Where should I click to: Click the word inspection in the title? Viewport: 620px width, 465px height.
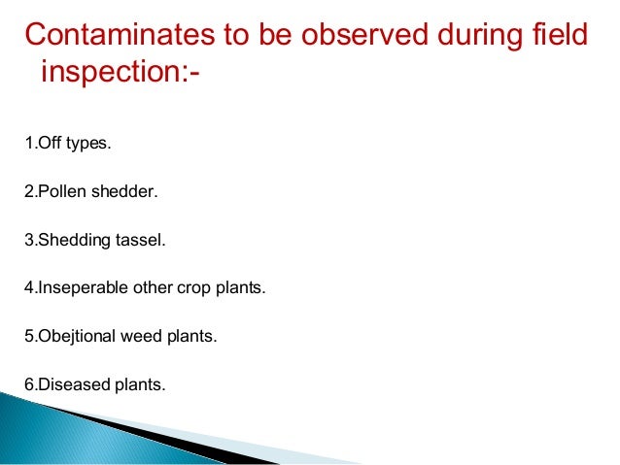pos(108,74)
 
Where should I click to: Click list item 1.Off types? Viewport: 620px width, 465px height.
pos(68,145)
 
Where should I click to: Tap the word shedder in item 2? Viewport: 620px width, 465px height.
pos(123,192)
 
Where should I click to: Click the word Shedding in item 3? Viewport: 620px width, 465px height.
pos(68,240)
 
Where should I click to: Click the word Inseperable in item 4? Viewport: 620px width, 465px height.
pos(75,288)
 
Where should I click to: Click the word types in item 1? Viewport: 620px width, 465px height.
pos(89,145)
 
